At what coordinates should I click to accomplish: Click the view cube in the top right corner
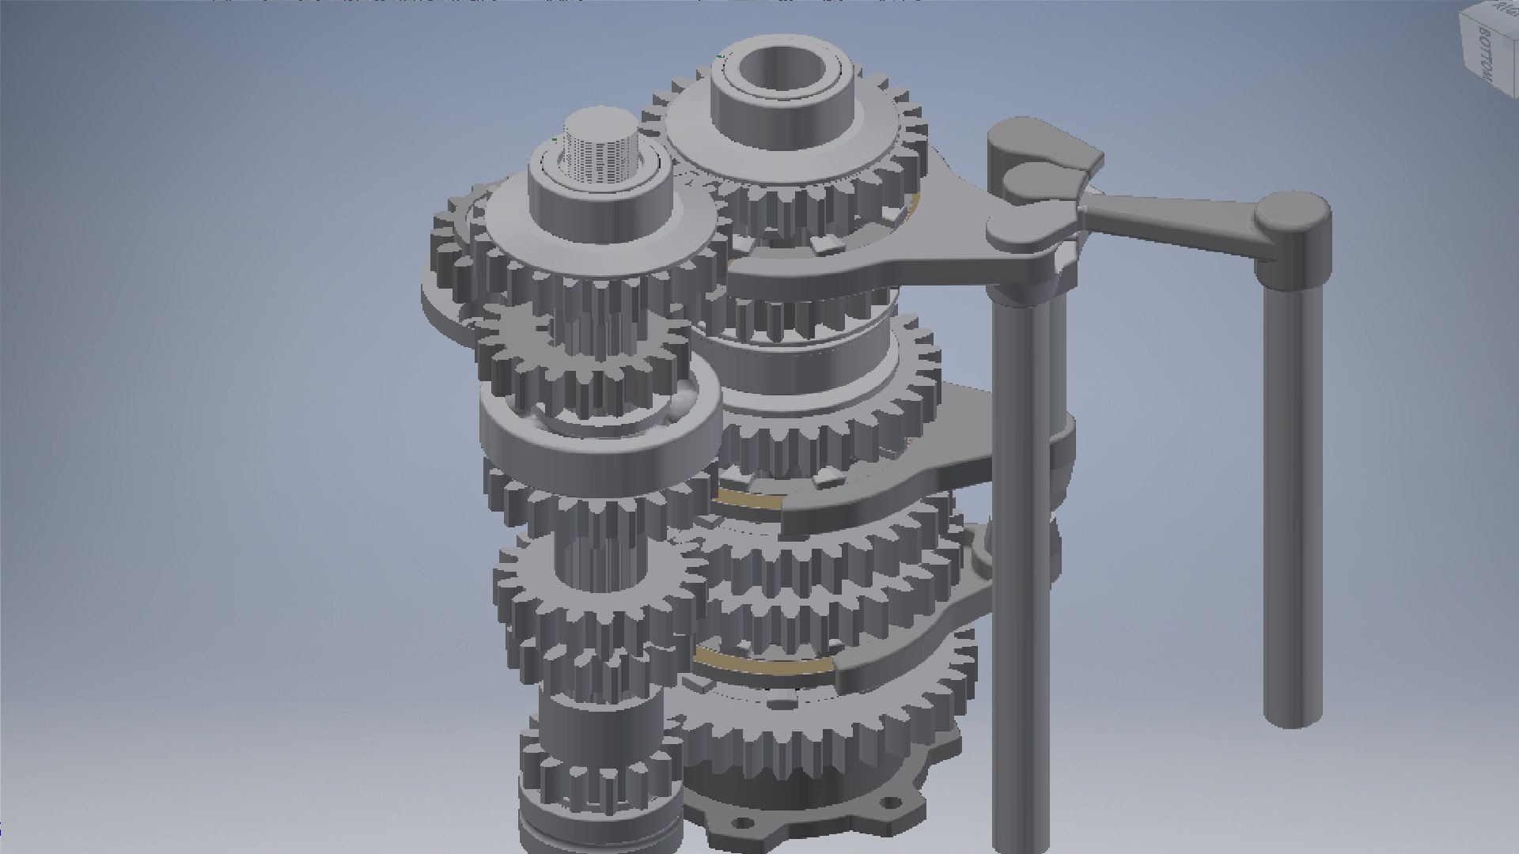pos(1487,47)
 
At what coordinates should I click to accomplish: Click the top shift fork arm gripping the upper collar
pos(854,269)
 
